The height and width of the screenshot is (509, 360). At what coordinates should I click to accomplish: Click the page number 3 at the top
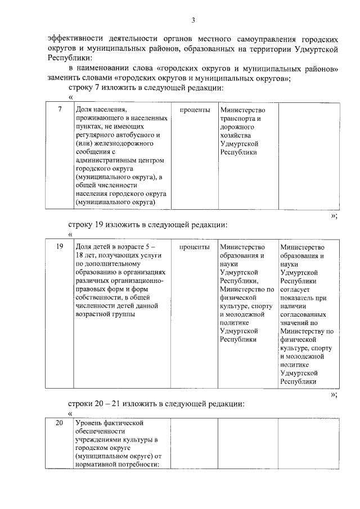click(193, 21)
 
